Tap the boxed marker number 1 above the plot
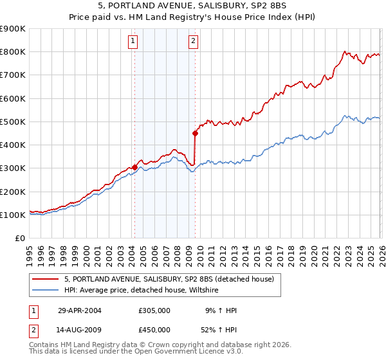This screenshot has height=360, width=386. tap(133, 42)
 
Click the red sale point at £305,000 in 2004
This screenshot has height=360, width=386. tap(134, 167)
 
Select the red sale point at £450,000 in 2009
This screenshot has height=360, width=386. tap(195, 134)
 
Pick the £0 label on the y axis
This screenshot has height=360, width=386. tap(19, 239)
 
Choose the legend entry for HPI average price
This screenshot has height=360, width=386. tap(151, 290)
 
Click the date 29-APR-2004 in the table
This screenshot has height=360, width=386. tap(80, 310)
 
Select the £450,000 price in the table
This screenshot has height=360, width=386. tap(154, 330)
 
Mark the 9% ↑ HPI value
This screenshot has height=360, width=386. tap(221, 310)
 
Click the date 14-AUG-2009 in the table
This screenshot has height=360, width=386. tap(80, 330)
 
